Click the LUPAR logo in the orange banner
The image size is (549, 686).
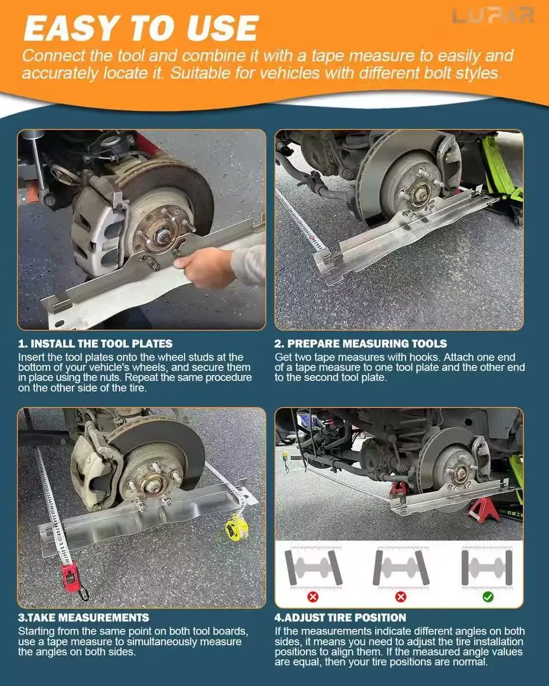tap(493, 15)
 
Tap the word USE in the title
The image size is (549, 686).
tap(222, 29)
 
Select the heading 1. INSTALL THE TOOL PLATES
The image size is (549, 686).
tap(96, 344)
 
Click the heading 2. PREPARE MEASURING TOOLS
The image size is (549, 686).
tap(361, 344)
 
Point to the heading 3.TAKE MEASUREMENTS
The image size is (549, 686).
tap(83, 617)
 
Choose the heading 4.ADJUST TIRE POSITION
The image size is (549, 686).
tap(340, 617)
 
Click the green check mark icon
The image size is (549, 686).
tap(488, 597)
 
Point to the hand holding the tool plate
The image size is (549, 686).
tap(204, 268)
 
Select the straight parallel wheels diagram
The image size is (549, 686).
tap(487, 568)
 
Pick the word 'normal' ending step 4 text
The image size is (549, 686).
tap(470, 662)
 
